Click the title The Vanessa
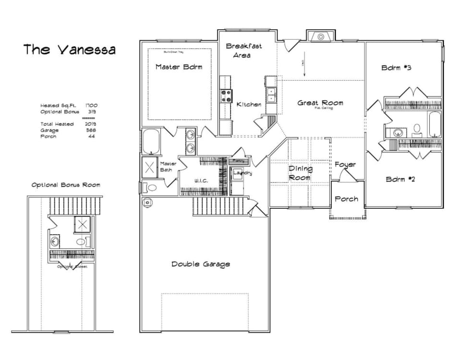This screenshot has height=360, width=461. pyautogui.click(x=70, y=49)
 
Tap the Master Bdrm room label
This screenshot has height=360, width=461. pyautogui.click(x=179, y=67)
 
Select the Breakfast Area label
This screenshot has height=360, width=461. pyautogui.click(x=244, y=50)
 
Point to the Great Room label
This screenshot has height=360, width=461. pyautogui.click(x=320, y=103)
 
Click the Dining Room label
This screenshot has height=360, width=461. pyautogui.click(x=300, y=173)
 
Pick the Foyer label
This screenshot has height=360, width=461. pyautogui.click(x=345, y=165)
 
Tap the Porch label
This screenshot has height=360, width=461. pyautogui.click(x=346, y=199)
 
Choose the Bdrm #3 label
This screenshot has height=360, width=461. pyautogui.click(x=396, y=68)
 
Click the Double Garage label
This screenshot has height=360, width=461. pyautogui.click(x=201, y=264)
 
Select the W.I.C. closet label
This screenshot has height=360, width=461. pyautogui.click(x=201, y=181)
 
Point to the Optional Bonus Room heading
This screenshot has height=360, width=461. pyautogui.click(x=66, y=185)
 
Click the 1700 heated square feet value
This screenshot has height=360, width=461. pyautogui.click(x=92, y=105)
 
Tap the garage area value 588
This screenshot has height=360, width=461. pyautogui.click(x=90, y=130)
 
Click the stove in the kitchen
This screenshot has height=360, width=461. pyautogui.click(x=226, y=96)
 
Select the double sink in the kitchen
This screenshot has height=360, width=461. pyautogui.click(x=271, y=95)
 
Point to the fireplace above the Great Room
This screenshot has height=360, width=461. pyautogui.click(x=320, y=36)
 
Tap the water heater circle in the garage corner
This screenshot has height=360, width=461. pyautogui.click(x=147, y=203)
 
